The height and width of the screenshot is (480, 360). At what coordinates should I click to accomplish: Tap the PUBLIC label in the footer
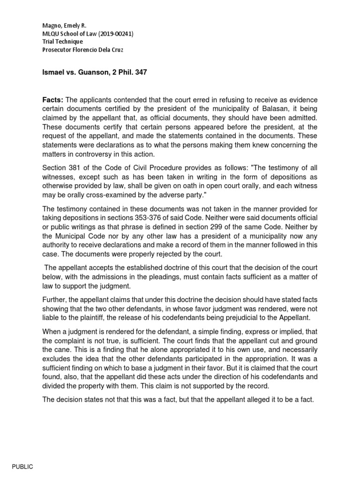click(x=22, y=467)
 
